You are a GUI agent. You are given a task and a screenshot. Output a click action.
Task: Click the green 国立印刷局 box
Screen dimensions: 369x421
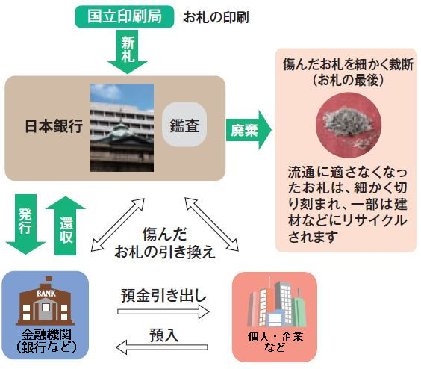click(x=124, y=15)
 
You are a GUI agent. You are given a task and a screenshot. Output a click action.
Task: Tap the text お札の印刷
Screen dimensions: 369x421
click(x=216, y=16)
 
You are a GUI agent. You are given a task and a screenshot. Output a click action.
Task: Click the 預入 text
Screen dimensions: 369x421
click(x=163, y=334)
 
